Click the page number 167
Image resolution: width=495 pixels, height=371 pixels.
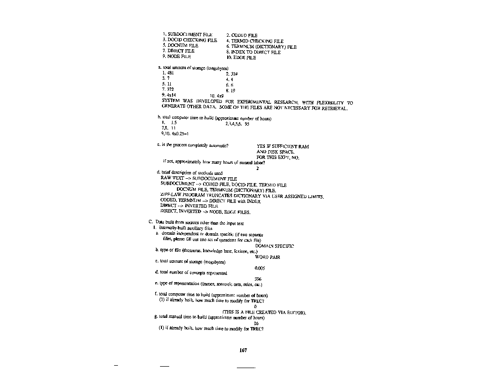[x=243, y=351]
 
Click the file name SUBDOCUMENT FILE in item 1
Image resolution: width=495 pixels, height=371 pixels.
[x=190, y=34]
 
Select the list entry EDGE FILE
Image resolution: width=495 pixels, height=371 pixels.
[x=245, y=57]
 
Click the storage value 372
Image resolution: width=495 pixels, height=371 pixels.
[x=171, y=89]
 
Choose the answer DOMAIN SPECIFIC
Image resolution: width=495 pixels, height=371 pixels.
[x=274, y=246]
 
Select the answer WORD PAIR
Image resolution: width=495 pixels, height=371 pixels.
[x=267, y=257]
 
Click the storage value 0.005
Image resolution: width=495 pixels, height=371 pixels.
[x=260, y=268]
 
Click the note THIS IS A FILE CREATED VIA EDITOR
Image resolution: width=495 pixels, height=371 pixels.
[x=264, y=313]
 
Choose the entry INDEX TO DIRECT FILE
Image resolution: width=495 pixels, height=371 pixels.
[x=256, y=52]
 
